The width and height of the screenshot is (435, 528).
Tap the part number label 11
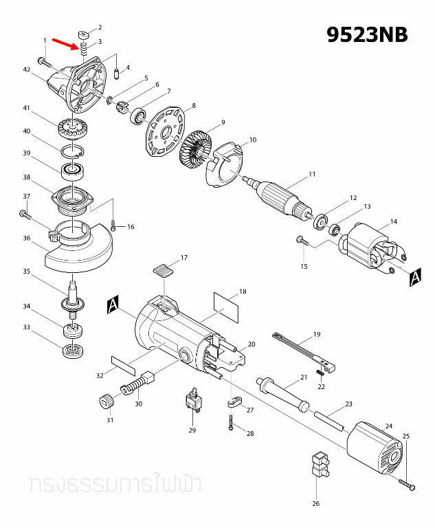point(312,174)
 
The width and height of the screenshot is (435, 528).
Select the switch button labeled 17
point(162,268)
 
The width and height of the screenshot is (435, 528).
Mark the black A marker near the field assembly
point(414,277)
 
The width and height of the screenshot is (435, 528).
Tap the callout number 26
point(316,503)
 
